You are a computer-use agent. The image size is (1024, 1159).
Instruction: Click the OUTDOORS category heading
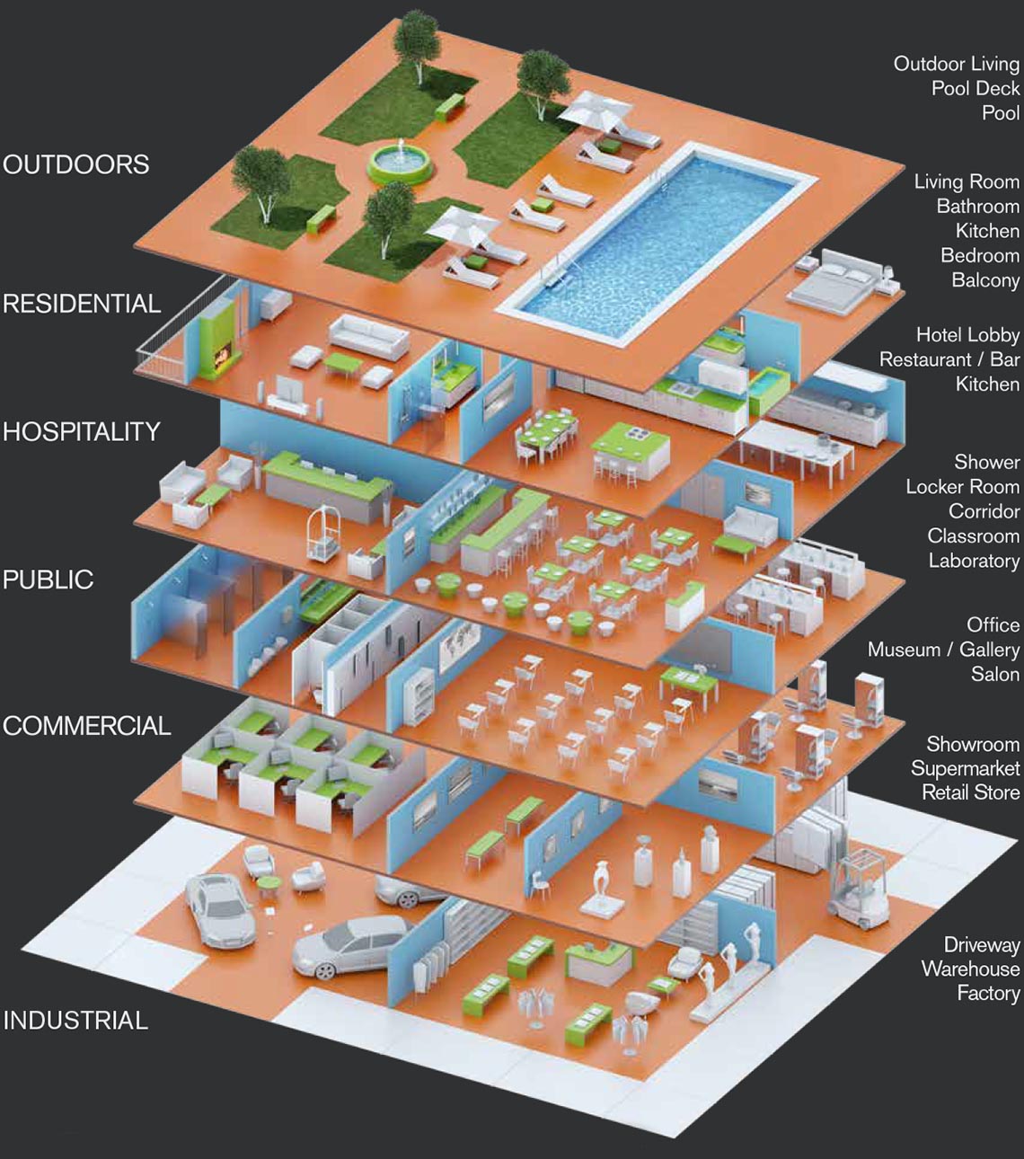click(x=76, y=165)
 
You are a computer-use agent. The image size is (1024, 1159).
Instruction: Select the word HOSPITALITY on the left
click(x=82, y=432)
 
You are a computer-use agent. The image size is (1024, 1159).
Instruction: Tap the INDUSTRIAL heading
click(x=75, y=1021)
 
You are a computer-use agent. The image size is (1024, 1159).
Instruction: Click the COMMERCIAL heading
click(x=87, y=726)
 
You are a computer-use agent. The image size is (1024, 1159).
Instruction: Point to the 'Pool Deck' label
click(x=975, y=88)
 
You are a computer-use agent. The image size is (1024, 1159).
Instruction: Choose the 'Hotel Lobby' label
click(x=967, y=335)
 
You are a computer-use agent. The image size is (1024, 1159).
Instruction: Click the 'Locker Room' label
click(x=962, y=487)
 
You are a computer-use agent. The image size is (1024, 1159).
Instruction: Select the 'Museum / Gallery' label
click(x=943, y=650)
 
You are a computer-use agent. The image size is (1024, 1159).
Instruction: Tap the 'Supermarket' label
click(x=965, y=768)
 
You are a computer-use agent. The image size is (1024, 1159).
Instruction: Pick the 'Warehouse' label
click(x=970, y=969)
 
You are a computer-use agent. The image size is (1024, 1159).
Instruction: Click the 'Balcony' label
click(x=985, y=280)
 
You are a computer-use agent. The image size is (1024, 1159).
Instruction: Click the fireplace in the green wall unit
click(x=218, y=340)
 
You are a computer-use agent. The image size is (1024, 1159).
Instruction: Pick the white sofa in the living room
click(x=368, y=336)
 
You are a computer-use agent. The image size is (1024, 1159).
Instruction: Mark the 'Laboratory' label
click(x=974, y=562)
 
